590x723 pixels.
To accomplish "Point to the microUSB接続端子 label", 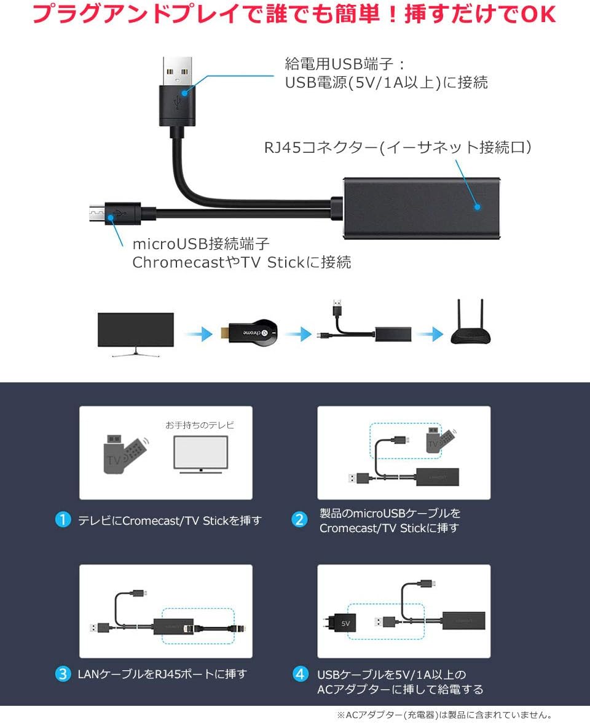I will pos(201,244).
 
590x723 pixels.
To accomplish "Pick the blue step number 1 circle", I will pos(63,520).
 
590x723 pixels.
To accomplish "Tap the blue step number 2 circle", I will pos(299,520).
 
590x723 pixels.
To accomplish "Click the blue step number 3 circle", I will pos(63,674).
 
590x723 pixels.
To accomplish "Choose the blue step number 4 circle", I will pos(299,674).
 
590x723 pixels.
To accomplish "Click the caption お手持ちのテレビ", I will pos(200,425).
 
